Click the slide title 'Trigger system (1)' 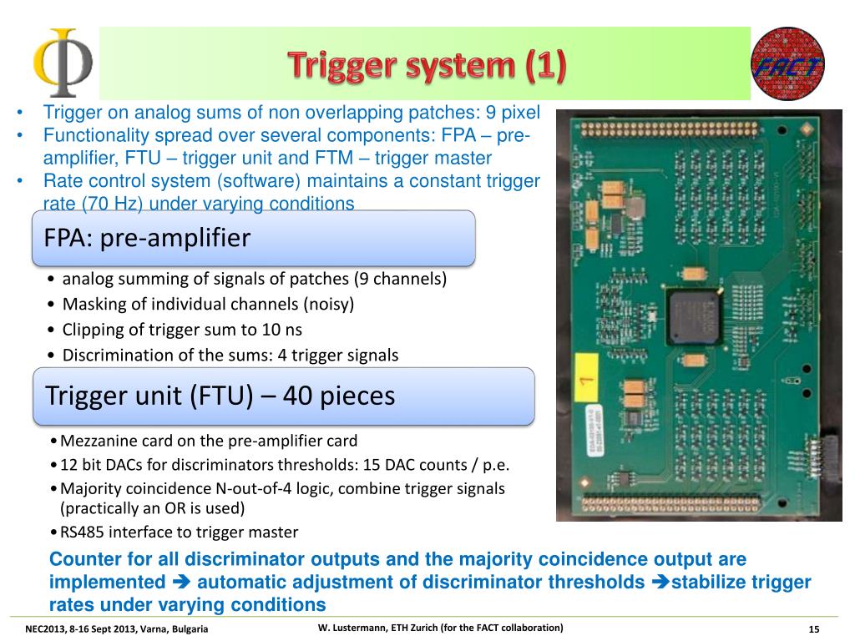point(427,66)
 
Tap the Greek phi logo point(62,63)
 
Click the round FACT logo point(787,63)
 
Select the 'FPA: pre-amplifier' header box point(254,238)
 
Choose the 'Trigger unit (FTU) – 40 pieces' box point(284,396)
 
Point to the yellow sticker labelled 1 point(586,381)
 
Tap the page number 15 point(814,628)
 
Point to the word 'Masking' point(91,304)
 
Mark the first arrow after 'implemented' point(181,582)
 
